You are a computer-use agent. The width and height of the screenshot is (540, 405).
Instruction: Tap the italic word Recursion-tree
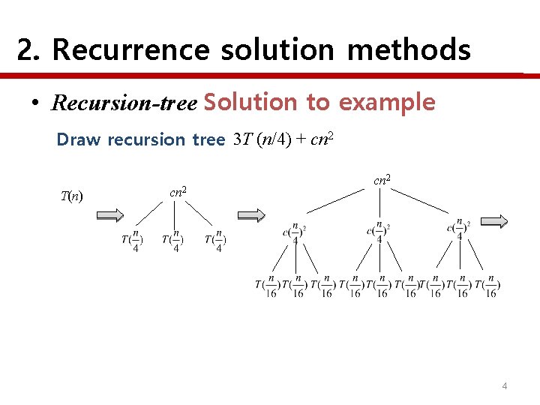(124, 103)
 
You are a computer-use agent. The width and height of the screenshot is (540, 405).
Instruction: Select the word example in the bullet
(387, 102)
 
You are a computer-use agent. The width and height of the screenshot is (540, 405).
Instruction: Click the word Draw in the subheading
(79, 139)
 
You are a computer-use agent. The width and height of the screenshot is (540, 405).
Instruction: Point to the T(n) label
(71, 196)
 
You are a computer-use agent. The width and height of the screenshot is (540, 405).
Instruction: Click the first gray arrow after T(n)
(110, 215)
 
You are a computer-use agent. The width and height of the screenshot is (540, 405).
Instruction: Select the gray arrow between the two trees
(253, 215)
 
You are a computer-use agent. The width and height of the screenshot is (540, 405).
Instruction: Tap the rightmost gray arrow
(494, 221)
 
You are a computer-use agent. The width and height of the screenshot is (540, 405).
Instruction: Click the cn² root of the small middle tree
(178, 193)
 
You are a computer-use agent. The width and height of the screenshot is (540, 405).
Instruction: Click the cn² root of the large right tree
(381, 180)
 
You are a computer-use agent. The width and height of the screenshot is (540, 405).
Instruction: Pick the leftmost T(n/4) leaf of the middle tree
(131, 241)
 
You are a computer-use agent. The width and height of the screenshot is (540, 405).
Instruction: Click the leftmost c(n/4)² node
(294, 232)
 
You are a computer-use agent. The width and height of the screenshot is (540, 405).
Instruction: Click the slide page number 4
(505, 386)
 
